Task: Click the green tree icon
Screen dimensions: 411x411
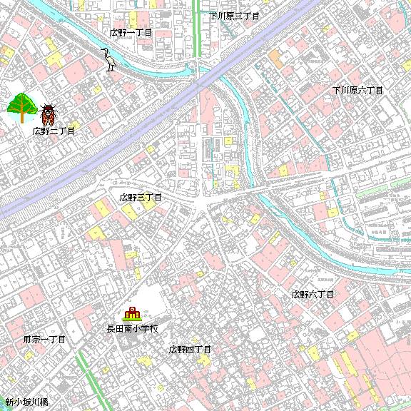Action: (21, 107)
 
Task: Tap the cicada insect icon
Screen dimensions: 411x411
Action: (48, 114)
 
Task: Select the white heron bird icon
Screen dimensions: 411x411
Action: (109, 59)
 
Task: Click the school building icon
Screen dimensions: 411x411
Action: (132, 313)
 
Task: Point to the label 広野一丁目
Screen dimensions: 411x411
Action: (131, 33)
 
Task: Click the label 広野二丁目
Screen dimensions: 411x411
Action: (54, 131)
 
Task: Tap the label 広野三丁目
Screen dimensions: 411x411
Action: (141, 197)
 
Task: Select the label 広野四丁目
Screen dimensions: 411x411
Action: (190, 350)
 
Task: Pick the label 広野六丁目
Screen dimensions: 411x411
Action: (313, 294)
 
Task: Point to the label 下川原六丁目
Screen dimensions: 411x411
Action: (357, 91)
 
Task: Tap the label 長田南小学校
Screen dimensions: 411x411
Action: (132, 329)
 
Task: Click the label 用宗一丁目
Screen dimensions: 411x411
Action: (44, 340)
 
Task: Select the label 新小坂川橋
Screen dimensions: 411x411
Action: (26, 402)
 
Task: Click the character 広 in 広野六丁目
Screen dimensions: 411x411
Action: (295, 294)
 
